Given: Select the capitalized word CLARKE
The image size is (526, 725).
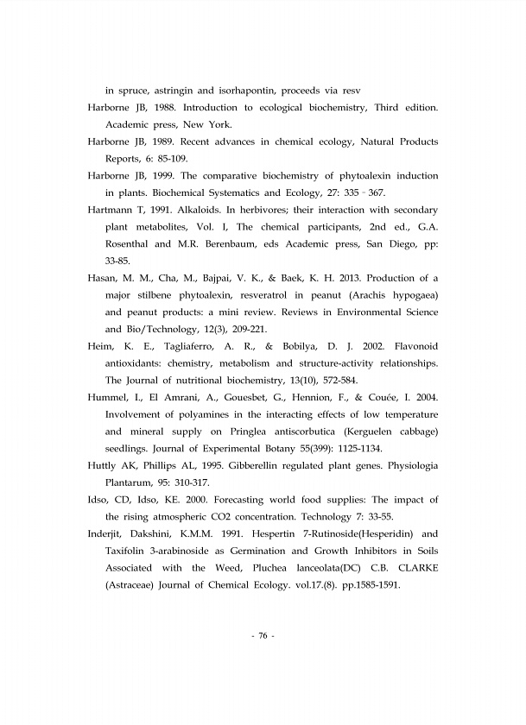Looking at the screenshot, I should [414, 568].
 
